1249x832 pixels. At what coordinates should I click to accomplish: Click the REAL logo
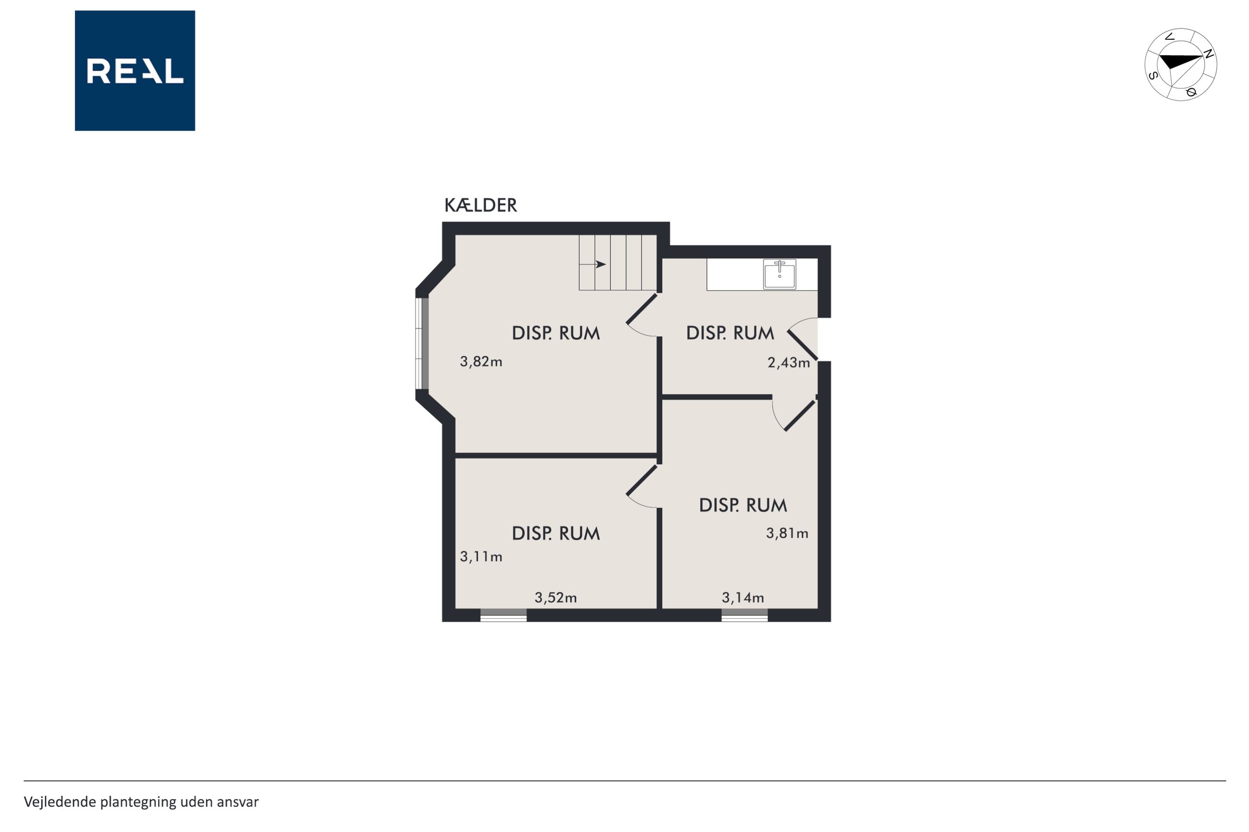[135, 71]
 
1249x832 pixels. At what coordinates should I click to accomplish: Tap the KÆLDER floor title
[480, 205]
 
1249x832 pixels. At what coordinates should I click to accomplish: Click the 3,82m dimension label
[481, 362]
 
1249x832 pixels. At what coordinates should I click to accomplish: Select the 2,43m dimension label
[789, 363]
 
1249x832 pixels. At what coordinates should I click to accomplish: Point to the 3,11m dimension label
[481, 556]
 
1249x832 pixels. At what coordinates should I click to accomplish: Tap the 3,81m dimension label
[787, 533]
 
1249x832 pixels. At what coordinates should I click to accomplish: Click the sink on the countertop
[780, 274]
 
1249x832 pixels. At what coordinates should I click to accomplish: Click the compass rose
[1180, 65]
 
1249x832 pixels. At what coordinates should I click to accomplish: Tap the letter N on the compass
[1209, 54]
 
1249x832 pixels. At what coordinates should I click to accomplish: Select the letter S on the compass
[1153, 75]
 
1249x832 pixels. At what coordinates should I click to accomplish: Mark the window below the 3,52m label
[503, 615]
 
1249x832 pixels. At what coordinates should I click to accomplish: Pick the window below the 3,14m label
[744, 615]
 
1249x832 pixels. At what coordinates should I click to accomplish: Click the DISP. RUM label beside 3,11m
[556, 534]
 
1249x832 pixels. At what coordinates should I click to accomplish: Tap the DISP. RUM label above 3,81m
[743, 506]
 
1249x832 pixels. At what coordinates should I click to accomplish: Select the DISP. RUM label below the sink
[730, 333]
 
